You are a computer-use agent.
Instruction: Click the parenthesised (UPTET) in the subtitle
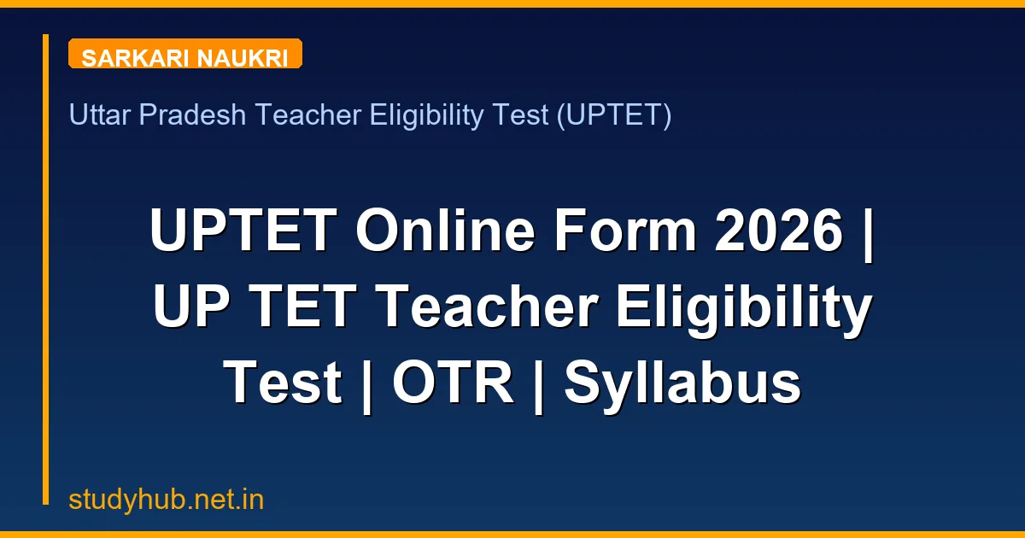[613, 114]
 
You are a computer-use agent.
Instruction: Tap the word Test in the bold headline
[283, 383]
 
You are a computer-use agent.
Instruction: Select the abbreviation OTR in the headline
[453, 383]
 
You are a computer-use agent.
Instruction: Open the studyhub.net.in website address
[167, 500]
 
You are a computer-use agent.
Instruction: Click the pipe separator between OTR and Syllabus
[539, 383]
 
